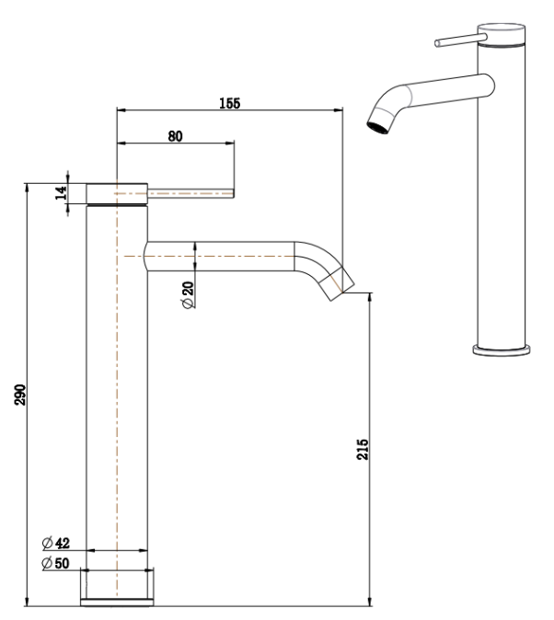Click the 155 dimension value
(x=229, y=105)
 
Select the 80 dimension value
(x=175, y=136)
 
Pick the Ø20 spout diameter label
(x=188, y=295)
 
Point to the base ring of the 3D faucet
(x=502, y=349)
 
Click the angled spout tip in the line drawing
(x=337, y=282)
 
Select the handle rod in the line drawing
(x=193, y=193)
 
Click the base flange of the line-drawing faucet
(x=117, y=588)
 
